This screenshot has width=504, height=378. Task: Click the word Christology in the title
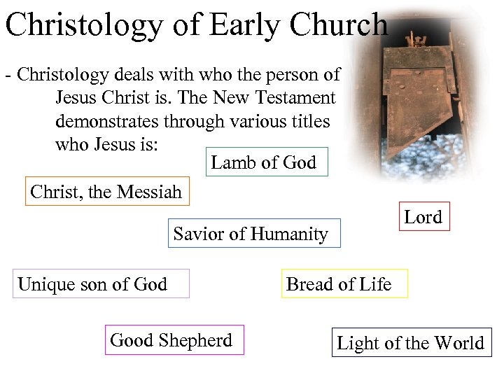pyautogui.click(x=83, y=25)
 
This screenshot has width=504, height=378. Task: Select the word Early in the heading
pyautogui.click(x=244, y=25)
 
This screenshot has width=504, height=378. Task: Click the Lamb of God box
pyautogui.click(x=264, y=162)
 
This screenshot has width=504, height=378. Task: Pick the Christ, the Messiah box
pyautogui.click(x=106, y=192)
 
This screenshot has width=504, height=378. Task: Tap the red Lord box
pyautogui.click(x=423, y=217)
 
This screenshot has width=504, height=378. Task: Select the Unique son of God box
pyautogui.click(x=93, y=284)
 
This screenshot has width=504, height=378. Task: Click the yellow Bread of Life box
pyautogui.click(x=339, y=284)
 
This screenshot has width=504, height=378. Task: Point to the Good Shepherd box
pyautogui.click(x=172, y=340)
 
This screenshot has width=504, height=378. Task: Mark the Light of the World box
pyautogui.click(x=411, y=343)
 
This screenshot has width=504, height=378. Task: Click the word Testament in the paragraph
pyautogui.click(x=294, y=99)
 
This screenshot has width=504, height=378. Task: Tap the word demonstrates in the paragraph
pyautogui.click(x=107, y=121)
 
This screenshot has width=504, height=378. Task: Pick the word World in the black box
pyautogui.click(x=459, y=343)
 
